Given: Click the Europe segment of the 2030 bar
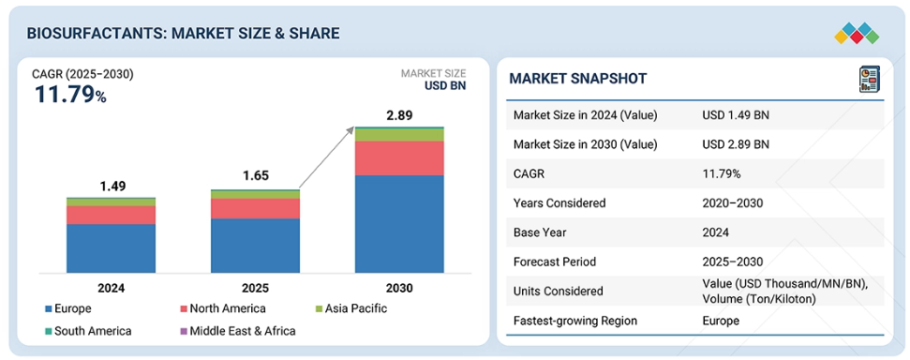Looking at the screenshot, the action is [x=399, y=223].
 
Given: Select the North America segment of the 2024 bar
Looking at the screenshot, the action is [x=111, y=215].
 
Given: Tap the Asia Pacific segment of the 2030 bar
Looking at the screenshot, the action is [x=399, y=135].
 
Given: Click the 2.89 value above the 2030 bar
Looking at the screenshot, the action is [x=399, y=115].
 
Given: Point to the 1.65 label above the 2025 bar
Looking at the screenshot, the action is [x=255, y=175].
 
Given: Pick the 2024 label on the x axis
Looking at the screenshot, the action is [x=111, y=288].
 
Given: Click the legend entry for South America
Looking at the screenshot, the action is [x=89, y=331].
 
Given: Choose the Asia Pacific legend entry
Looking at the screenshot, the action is [x=351, y=308].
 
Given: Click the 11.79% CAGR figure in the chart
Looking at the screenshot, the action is [x=70, y=94].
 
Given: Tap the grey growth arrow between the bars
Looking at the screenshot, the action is [x=327, y=157].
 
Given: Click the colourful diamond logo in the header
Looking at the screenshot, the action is [x=857, y=33].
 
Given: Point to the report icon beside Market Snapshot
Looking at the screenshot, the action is [x=869, y=79].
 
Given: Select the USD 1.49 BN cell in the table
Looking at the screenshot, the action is [x=736, y=115].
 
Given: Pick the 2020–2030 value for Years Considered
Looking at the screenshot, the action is [x=732, y=202].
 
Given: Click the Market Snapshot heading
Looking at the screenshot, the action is [x=577, y=79].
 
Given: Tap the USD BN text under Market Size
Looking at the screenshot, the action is [x=445, y=86].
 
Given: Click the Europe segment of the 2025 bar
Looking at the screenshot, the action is [x=255, y=246].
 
